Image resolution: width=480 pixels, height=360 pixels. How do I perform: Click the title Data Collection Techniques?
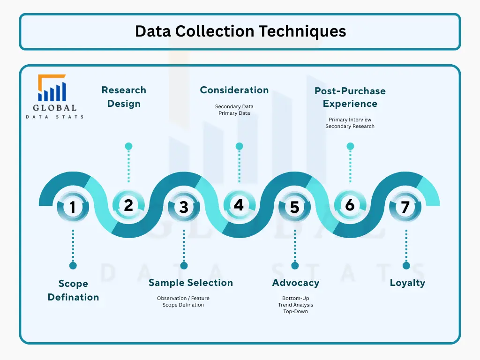pos(240,31)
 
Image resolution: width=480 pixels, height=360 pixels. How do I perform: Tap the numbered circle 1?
pos(73,207)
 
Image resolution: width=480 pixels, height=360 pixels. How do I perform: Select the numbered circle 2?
pos(128,205)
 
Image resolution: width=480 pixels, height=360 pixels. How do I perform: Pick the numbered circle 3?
pos(184,207)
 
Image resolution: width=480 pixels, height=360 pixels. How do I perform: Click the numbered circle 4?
pos(239,205)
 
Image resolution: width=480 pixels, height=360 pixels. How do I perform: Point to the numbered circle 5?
pos(294,207)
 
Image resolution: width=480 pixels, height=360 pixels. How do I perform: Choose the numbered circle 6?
pos(350,205)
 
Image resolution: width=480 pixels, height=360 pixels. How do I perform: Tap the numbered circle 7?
pos(405,207)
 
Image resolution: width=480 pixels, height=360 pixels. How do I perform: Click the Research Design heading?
pos(124,97)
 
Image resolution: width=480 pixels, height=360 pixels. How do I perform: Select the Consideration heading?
pos(234,90)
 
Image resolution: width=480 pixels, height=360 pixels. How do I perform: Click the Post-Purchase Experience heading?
pos(350,97)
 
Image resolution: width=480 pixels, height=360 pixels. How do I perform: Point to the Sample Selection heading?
pos(190,283)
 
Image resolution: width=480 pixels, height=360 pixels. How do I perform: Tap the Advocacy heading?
pos(295,283)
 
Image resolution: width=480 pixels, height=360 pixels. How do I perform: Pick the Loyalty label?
pos(407,283)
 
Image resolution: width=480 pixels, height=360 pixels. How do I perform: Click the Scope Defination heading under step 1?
pos(73,290)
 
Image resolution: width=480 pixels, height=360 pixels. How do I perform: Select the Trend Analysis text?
pos(295,305)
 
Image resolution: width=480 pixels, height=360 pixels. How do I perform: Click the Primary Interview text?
pos(350,120)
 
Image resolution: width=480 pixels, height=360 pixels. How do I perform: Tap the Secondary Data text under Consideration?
pos(234,107)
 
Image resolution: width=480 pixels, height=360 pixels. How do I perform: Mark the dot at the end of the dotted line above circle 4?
pos(239,146)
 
